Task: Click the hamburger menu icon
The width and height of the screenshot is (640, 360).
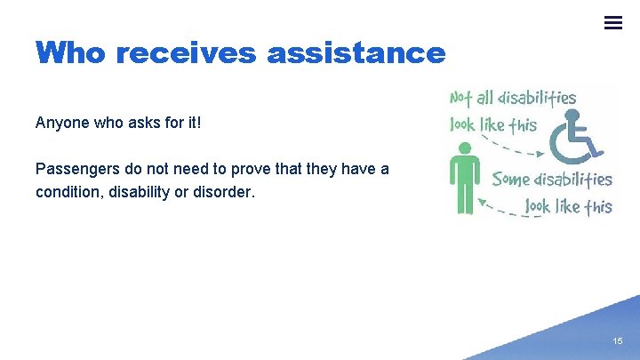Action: [x=613, y=23]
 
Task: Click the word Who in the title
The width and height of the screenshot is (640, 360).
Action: [x=71, y=53]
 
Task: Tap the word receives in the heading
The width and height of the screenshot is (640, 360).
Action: [x=186, y=53]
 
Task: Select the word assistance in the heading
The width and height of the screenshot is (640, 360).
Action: [x=356, y=53]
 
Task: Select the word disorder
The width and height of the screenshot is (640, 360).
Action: [x=222, y=191]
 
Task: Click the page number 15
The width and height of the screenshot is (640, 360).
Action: [x=618, y=342]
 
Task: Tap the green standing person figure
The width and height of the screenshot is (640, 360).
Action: [x=463, y=182]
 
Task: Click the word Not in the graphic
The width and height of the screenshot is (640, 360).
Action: [x=462, y=98]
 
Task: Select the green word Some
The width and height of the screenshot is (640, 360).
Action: [x=511, y=179]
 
